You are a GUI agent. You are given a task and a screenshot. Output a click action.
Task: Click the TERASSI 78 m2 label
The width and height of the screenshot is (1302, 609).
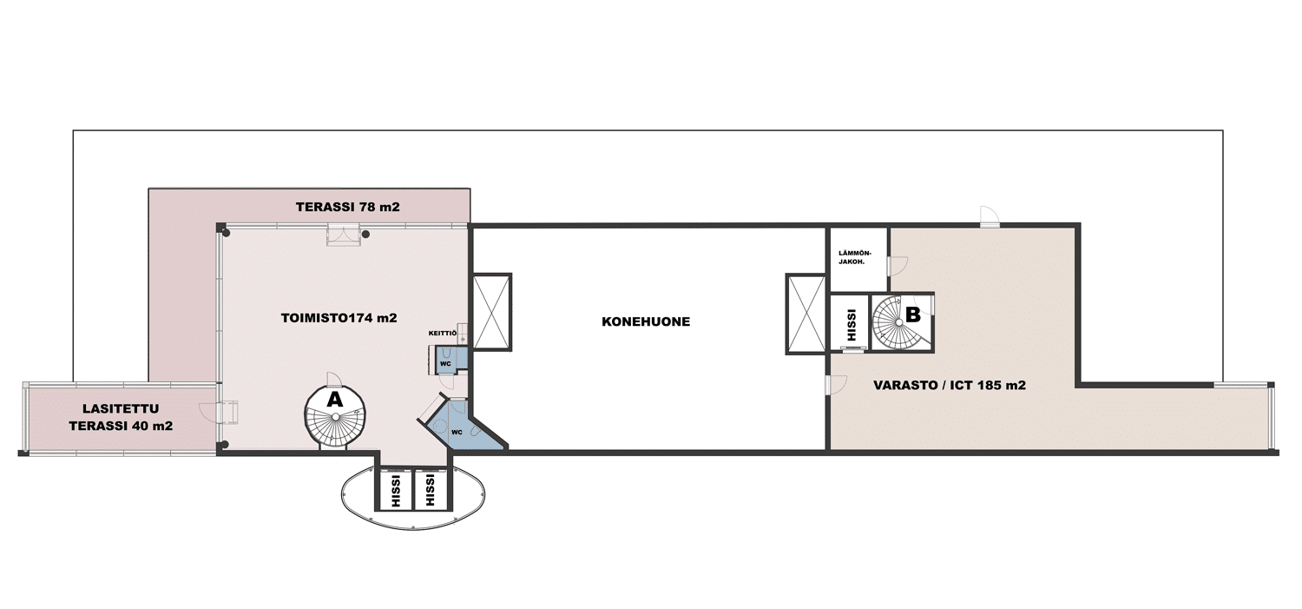(x=347, y=207)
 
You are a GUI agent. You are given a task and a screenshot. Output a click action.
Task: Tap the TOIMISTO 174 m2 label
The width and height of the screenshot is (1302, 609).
(x=339, y=318)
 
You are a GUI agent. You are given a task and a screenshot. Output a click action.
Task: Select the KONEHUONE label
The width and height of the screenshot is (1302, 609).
(x=646, y=321)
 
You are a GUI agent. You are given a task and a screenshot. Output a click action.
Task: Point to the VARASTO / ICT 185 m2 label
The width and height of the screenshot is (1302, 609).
(x=950, y=385)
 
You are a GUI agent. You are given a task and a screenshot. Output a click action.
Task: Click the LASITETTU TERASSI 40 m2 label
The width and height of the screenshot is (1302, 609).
(x=121, y=418)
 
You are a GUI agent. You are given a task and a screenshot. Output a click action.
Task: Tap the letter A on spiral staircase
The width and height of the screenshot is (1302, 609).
(x=335, y=400)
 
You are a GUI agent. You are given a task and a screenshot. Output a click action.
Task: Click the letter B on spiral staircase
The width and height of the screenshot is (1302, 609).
(x=913, y=314)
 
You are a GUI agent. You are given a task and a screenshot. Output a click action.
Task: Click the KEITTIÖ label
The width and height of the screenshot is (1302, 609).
(x=443, y=334)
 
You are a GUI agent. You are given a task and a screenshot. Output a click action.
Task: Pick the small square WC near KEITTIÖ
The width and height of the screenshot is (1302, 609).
(x=446, y=361)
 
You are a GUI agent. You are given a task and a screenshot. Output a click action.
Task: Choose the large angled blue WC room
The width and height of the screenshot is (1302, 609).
(x=462, y=425)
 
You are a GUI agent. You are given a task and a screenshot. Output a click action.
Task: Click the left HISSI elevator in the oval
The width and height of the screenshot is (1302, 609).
(x=396, y=490)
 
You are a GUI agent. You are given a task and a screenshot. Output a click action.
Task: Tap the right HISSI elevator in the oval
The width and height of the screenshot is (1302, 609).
(x=431, y=490)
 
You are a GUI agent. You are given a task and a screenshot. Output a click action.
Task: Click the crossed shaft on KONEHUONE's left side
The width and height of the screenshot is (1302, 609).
(x=492, y=312)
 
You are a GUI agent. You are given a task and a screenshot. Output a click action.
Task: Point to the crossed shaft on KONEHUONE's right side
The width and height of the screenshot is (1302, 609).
(x=806, y=314)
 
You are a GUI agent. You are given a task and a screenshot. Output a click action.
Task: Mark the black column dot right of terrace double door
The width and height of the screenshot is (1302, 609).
(x=366, y=235)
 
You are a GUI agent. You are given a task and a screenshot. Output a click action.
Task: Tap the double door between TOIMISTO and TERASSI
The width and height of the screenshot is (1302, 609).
(x=344, y=235)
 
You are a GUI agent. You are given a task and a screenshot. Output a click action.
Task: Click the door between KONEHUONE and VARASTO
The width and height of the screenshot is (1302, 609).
(x=836, y=385)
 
